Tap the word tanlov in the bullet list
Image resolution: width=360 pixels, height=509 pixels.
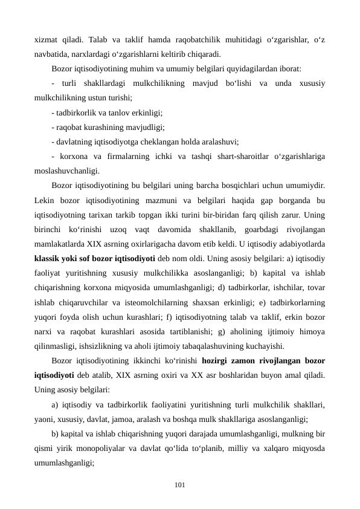click(x=117, y=112)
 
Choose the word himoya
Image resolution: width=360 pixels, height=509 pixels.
click(x=312, y=331)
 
